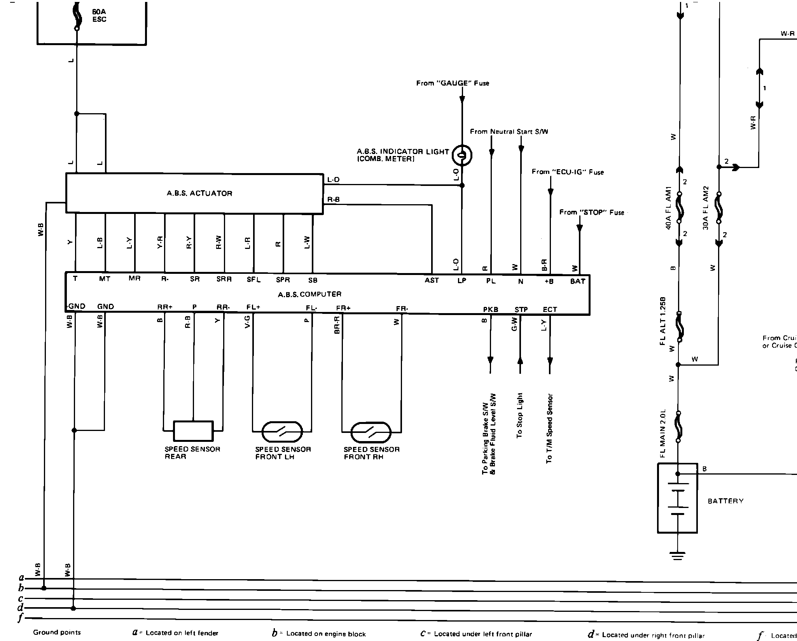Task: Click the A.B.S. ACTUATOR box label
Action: click(x=199, y=193)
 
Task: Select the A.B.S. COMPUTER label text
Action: click(x=309, y=294)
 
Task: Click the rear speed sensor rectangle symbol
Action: click(x=193, y=431)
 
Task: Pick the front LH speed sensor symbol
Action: click(x=282, y=432)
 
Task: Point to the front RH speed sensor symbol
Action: click(x=371, y=432)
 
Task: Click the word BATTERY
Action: click(x=725, y=501)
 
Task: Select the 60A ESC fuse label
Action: click(x=99, y=16)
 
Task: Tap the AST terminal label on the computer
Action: click(x=432, y=280)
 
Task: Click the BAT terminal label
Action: click(x=578, y=281)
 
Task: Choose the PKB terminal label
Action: click(x=491, y=310)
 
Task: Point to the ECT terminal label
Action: click(x=550, y=310)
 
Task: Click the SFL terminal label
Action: click(x=253, y=280)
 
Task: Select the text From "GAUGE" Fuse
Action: click(x=453, y=83)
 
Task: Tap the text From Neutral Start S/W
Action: click(x=509, y=131)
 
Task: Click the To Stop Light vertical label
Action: click(x=520, y=415)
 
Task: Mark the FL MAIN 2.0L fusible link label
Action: click(x=663, y=433)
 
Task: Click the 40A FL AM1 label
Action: click(x=669, y=208)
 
